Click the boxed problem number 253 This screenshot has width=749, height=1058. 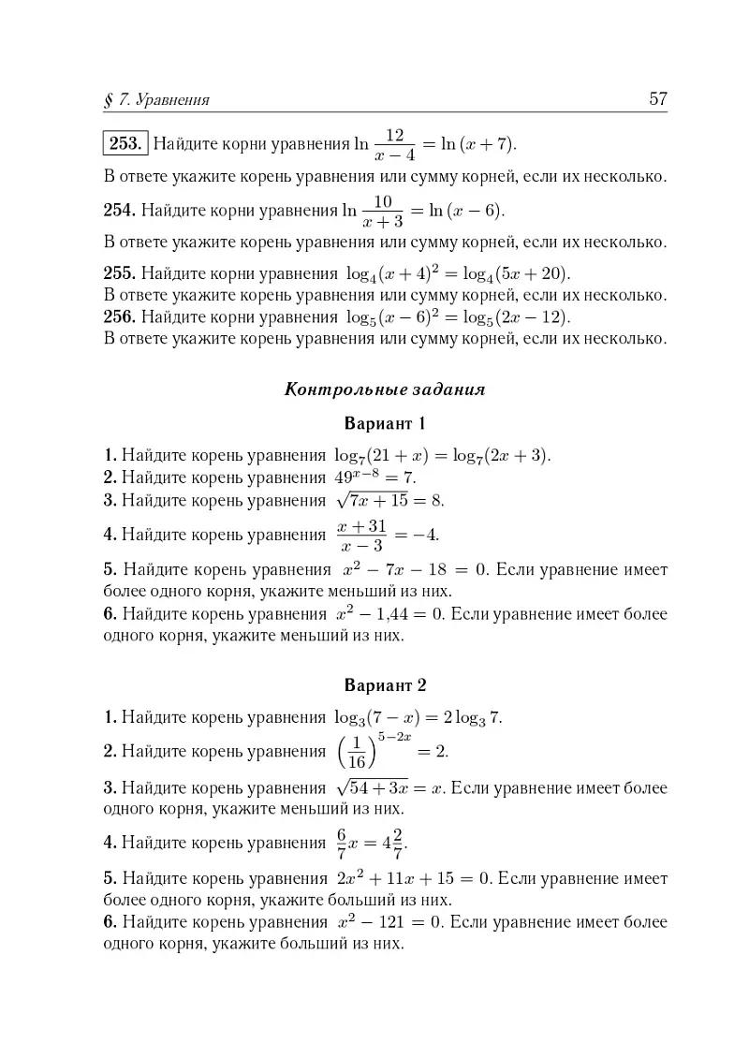(125, 144)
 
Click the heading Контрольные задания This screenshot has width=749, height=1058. (385, 389)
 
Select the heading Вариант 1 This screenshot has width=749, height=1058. (385, 422)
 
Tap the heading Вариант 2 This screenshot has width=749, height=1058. (385, 684)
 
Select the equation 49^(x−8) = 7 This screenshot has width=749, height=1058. (374, 478)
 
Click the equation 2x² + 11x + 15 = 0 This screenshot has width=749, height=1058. (412, 879)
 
